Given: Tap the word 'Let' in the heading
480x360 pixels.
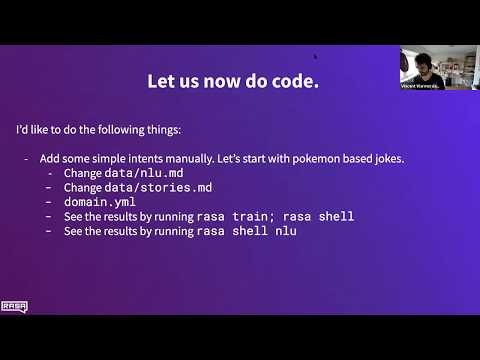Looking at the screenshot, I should [166, 82].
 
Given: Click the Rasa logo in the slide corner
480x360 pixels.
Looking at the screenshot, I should [14, 307].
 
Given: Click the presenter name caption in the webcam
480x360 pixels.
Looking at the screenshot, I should [420, 86].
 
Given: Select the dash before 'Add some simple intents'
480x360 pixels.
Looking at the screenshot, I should [26, 158].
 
